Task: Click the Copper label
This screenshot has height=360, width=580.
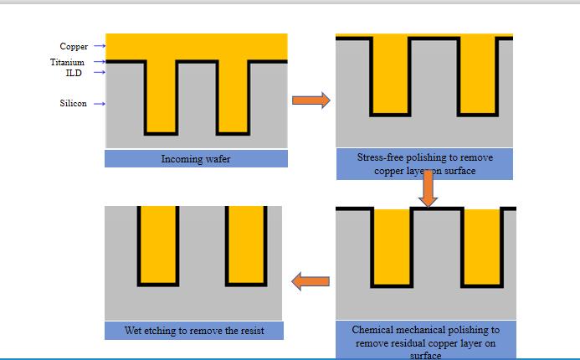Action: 74,46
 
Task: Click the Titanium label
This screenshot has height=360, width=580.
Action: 67,62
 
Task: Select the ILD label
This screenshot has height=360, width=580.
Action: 74,73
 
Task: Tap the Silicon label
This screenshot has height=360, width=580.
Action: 73,104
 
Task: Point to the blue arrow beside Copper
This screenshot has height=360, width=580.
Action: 99,46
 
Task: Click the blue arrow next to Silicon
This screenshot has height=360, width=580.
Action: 99,104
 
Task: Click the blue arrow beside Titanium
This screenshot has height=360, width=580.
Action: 99,62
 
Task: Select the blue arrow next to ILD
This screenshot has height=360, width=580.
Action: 99,73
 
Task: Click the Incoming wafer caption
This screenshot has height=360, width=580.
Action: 195,158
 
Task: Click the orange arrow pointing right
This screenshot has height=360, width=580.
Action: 311,100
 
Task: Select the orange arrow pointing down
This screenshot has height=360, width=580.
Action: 429,188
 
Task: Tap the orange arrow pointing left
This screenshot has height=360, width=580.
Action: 310,281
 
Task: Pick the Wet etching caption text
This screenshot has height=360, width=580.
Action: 194,331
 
